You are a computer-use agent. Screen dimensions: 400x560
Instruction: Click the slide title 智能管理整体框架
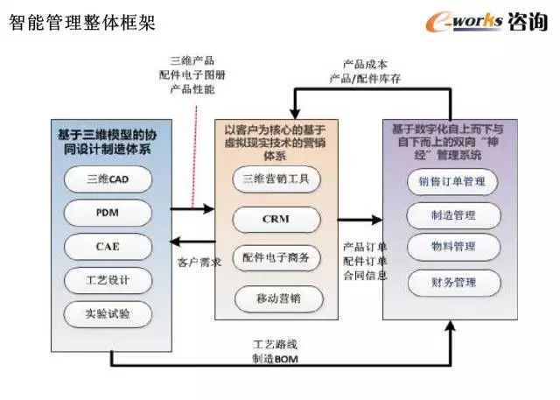tap(82, 22)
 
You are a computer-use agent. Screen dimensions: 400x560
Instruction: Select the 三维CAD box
tap(108, 180)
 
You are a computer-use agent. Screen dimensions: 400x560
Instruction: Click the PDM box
tap(108, 214)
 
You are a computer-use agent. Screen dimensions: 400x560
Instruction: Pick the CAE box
tap(108, 247)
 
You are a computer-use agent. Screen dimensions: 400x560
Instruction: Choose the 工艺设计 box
tap(108, 280)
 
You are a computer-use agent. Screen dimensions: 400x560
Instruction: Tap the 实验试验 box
tap(108, 313)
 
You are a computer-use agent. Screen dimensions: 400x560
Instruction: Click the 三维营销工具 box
tap(277, 180)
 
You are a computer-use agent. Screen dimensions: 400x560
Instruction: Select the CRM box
tap(277, 219)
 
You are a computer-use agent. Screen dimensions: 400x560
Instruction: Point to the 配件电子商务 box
tap(277, 258)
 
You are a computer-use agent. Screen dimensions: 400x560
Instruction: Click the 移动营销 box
tap(277, 298)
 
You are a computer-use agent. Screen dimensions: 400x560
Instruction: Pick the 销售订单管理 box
tap(452, 182)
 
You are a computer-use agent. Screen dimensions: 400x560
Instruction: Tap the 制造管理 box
tap(452, 215)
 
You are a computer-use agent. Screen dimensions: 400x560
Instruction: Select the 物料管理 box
tap(452, 249)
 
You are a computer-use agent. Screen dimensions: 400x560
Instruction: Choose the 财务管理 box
tap(452, 282)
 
